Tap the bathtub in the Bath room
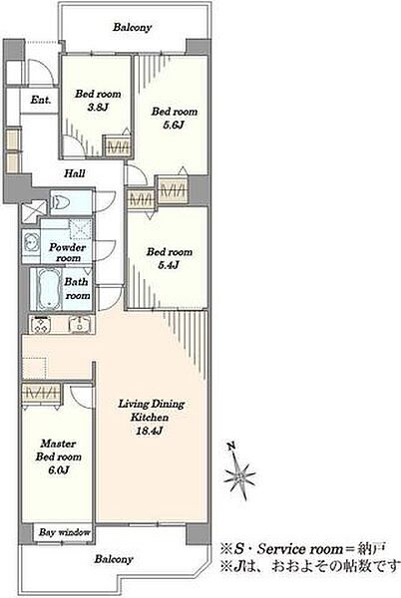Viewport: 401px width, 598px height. pyautogui.click(x=49, y=287)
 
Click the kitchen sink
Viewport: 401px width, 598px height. pyautogui.click(x=80, y=325)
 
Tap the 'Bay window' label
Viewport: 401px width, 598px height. pyautogui.click(x=65, y=532)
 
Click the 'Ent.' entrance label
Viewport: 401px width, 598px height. pyautogui.click(x=41, y=100)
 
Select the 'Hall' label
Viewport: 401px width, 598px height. pyautogui.click(x=75, y=173)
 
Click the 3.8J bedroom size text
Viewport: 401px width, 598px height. pyautogui.click(x=98, y=108)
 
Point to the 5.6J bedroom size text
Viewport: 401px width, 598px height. pyautogui.click(x=174, y=125)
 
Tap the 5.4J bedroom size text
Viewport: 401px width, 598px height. pyautogui.click(x=169, y=265)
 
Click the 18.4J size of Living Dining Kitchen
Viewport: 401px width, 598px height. pyautogui.click(x=150, y=431)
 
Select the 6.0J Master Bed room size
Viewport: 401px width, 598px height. pyautogui.click(x=59, y=469)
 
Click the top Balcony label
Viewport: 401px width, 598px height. pyautogui.click(x=133, y=28)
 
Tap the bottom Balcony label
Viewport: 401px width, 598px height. pyautogui.click(x=114, y=559)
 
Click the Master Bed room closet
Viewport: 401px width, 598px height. pyautogui.click(x=41, y=393)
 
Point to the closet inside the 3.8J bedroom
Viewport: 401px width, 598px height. pyautogui.click(x=118, y=147)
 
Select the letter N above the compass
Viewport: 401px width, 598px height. pyautogui.click(x=230, y=447)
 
